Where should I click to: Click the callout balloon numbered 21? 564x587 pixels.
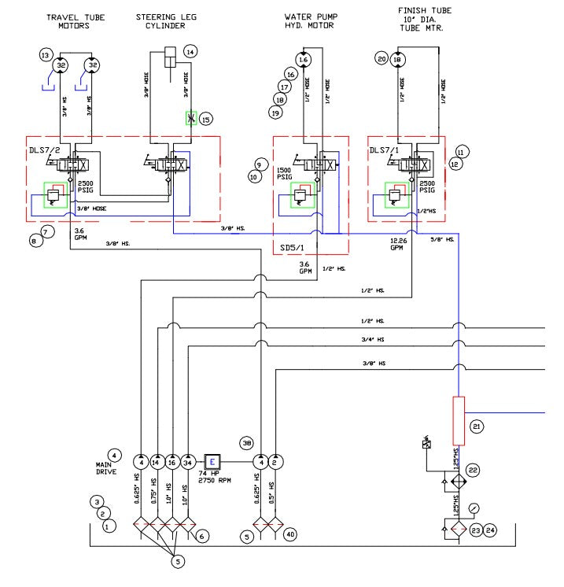pos(476,426)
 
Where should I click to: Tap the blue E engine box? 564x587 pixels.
pos(213,461)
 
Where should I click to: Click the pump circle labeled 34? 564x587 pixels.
pos(189,461)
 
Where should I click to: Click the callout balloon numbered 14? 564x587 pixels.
pos(190,52)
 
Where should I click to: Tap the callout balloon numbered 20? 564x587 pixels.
pos(382,59)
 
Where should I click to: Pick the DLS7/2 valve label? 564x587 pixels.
pos(44,150)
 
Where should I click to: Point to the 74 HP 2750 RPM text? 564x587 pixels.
pos(214,481)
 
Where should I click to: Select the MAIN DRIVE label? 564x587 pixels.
pos(106,468)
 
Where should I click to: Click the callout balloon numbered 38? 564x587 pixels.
pos(247,443)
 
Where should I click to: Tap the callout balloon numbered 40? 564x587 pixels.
pos(290,535)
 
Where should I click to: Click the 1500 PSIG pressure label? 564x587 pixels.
pos(285,174)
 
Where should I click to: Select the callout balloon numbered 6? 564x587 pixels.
pos(202,536)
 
